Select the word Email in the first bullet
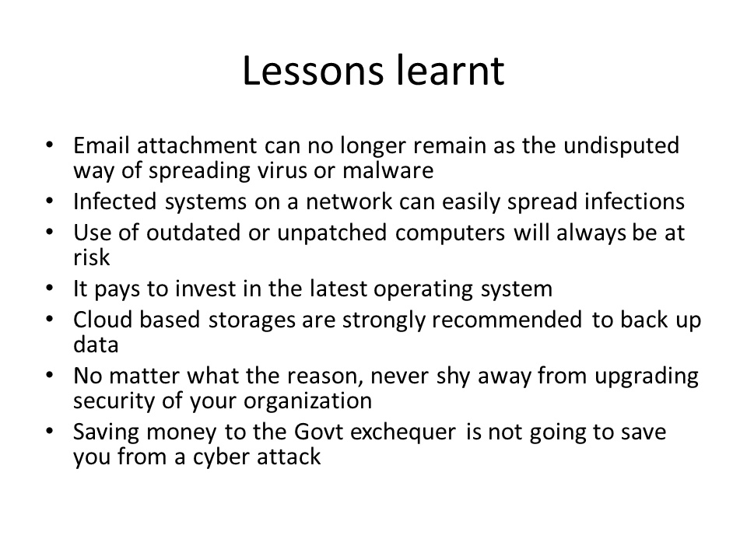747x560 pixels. click(99, 145)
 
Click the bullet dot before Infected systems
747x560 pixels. click(50, 201)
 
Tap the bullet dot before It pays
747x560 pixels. click(50, 289)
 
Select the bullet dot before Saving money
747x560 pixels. click(50, 432)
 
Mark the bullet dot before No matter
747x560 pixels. click(50, 376)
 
